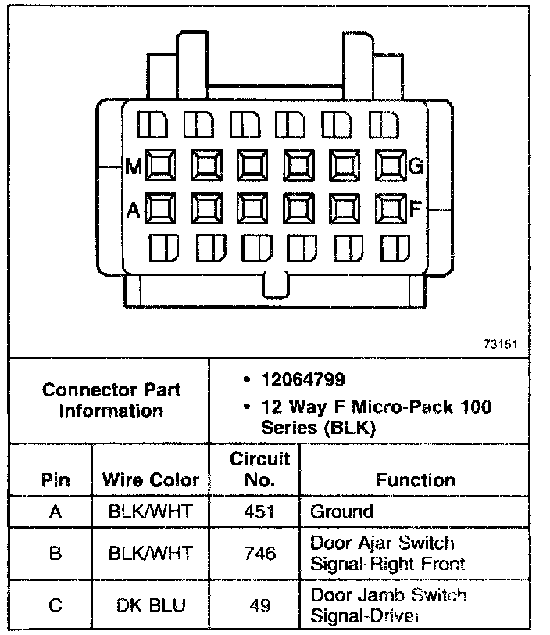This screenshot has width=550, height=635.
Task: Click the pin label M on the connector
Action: click(132, 166)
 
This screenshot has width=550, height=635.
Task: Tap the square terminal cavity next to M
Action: click(159, 165)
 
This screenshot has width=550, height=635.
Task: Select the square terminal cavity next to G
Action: click(388, 165)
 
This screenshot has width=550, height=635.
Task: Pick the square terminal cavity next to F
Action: click(388, 208)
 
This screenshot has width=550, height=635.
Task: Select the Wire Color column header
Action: click(151, 479)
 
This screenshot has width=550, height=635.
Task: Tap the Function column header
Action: click(416, 479)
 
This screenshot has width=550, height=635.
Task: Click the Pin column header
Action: click(54, 479)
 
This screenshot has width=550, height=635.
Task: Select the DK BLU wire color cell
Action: click(151, 605)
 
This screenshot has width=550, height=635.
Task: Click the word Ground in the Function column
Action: click(342, 512)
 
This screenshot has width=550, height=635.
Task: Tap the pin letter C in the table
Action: click(54, 605)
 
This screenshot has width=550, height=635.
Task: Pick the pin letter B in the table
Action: click(54, 553)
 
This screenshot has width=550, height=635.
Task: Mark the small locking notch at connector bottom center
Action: click(276, 285)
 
